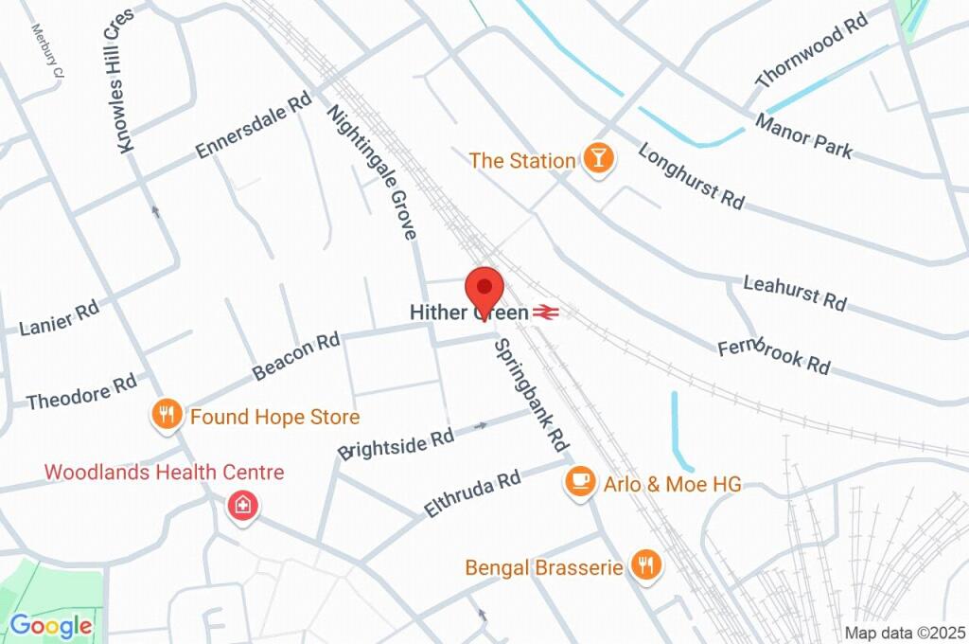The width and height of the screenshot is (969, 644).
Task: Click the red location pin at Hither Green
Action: [x=484, y=288]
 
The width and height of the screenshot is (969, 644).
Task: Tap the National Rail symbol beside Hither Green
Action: [x=544, y=312]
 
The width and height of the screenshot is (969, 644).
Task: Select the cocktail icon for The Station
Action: [x=597, y=159]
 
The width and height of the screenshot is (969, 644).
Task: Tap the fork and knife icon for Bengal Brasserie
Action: [x=647, y=565]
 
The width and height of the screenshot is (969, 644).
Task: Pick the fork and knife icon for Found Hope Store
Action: [x=167, y=415]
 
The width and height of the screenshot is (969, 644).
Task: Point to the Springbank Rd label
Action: [x=531, y=393]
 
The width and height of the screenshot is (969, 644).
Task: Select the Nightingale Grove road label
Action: [x=372, y=171]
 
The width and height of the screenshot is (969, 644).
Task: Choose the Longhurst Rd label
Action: [x=692, y=176]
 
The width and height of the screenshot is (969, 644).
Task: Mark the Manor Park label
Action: [x=803, y=136]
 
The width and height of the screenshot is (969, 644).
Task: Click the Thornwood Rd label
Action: [x=812, y=51]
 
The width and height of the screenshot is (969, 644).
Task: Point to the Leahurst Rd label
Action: [x=795, y=293]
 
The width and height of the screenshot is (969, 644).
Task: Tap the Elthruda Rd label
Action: [x=473, y=493]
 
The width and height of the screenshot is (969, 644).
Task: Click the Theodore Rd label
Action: [x=82, y=392]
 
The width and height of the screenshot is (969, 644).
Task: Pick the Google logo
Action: [x=51, y=625]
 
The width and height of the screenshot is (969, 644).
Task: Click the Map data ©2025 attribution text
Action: [x=904, y=633]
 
